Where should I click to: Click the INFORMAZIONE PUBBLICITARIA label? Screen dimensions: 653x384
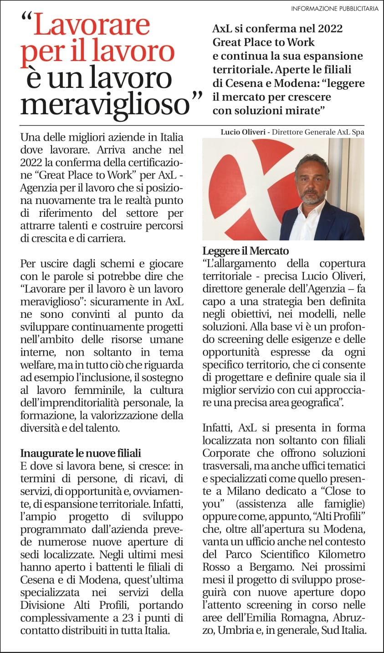point(334,9)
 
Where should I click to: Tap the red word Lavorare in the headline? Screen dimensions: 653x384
point(92,26)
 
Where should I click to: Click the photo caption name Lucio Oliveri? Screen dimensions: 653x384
point(243,132)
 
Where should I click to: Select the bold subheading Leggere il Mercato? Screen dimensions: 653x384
point(246,251)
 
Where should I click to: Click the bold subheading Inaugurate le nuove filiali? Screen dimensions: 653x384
point(81,453)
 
